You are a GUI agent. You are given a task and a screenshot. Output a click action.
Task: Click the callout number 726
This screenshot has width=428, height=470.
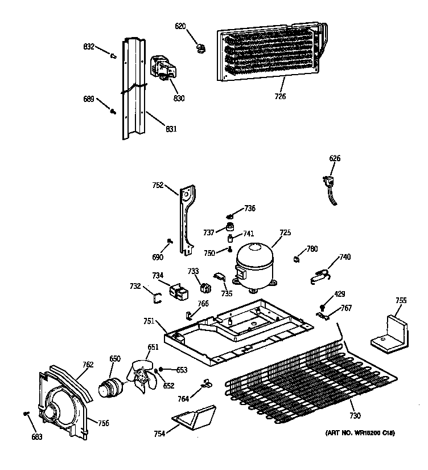[280, 96]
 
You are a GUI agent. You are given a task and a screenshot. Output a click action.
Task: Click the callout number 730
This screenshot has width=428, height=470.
[355, 415]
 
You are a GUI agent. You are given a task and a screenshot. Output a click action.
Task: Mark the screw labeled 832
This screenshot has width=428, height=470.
[113, 55]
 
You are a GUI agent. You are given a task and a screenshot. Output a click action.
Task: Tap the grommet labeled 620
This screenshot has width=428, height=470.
[200, 47]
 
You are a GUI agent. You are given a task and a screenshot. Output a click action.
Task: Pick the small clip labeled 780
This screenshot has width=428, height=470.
[297, 259]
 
